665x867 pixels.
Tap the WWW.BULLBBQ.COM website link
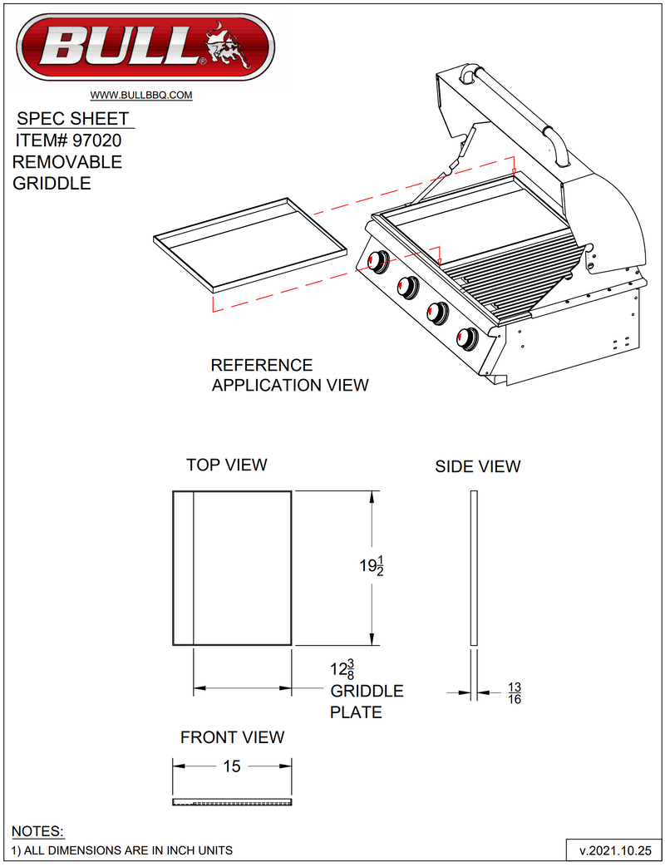[x=141, y=96]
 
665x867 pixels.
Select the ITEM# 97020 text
[x=69, y=141]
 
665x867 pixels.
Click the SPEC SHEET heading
[x=73, y=119]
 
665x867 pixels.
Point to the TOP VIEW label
[x=227, y=465]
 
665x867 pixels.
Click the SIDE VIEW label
[x=478, y=467]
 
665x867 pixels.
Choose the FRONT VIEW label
[x=232, y=737]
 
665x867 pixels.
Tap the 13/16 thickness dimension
[x=515, y=692]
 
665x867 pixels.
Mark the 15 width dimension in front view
[x=232, y=766]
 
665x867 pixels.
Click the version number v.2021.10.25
[x=613, y=851]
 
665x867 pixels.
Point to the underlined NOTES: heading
[x=37, y=832]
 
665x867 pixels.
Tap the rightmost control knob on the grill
[x=467, y=338]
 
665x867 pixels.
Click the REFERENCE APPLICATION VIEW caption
[x=288, y=375]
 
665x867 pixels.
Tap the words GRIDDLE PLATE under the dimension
[x=367, y=702]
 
